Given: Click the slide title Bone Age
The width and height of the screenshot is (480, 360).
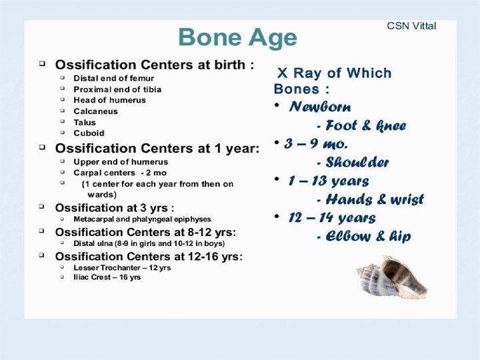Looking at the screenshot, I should point(237,37).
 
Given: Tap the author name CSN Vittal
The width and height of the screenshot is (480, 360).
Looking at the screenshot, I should point(411,26).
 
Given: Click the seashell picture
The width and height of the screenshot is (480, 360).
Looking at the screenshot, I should point(392,277).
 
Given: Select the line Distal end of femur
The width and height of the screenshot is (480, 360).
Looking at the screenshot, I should point(113,78).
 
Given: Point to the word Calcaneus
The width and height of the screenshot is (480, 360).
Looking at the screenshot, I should point(95,111).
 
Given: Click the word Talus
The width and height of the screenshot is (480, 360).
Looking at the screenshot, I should point(85,122).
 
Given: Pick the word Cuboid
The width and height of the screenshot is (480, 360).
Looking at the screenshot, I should point(89,133).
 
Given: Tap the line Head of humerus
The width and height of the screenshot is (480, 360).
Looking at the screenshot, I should point(109,100).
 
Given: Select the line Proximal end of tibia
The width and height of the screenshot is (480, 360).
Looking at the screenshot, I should point(117,89).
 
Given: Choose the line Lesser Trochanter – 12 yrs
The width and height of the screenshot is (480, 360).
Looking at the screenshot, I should point(122,267).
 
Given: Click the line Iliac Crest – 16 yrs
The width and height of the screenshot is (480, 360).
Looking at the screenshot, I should point(107,277).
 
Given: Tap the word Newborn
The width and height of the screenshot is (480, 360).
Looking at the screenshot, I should point(320,107).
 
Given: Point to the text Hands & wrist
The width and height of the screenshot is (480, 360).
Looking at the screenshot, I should point(369,199).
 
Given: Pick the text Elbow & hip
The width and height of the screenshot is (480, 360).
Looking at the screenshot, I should point(363,237).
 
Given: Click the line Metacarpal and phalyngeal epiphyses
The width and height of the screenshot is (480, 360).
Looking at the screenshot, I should point(142,219).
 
